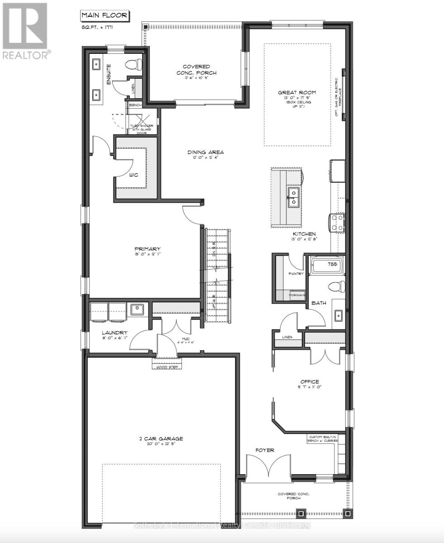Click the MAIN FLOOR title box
tap(104, 16)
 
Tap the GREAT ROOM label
tap(297, 93)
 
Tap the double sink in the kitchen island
tap(293, 197)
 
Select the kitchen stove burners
tap(338, 222)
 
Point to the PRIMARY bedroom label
tap(148, 249)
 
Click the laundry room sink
tap(137, 310)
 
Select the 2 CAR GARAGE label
tap(161, 438)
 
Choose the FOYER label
tap(265, 450)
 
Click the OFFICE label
tap(309, 381)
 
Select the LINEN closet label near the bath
tap(286, 337)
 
